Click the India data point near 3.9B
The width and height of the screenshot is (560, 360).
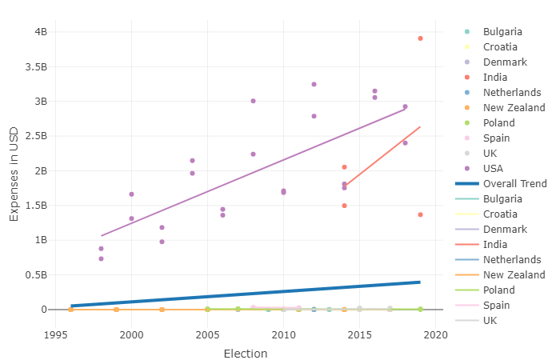pos(420,38)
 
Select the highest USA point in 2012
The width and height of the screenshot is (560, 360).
pos(314,84)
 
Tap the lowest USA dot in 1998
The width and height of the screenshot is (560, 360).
pos(101,258)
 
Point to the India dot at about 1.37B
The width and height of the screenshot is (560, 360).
pos(420,214)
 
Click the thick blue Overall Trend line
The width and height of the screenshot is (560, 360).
pos(246,294)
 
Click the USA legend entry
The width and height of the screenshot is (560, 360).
pos(493,169)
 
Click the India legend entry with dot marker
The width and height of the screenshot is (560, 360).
pos(495,77)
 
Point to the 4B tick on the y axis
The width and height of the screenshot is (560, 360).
pos(41,32)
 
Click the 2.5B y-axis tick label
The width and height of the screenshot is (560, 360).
pos(36,136)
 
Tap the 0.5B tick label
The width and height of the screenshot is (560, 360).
pos(36,274)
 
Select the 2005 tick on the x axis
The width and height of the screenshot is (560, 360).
pos(207,335)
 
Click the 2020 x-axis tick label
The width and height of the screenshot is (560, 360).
pos(436,335)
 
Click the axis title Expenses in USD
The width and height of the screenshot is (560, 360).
pos(14,174)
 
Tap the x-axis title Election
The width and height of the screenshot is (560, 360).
pos(246,354)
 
